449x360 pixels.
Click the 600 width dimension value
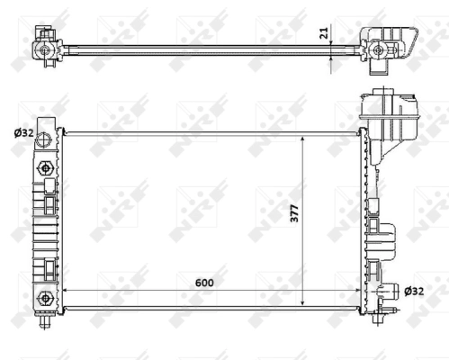pyautogui.click(x=207, y=283)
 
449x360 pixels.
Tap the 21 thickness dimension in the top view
pyautogui.click(x=323, y=35)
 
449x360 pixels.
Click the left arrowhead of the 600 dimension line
pyautogui.click(x=65, y=292)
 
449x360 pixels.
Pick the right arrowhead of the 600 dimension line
pyautogui.click(x=358, y=292)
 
